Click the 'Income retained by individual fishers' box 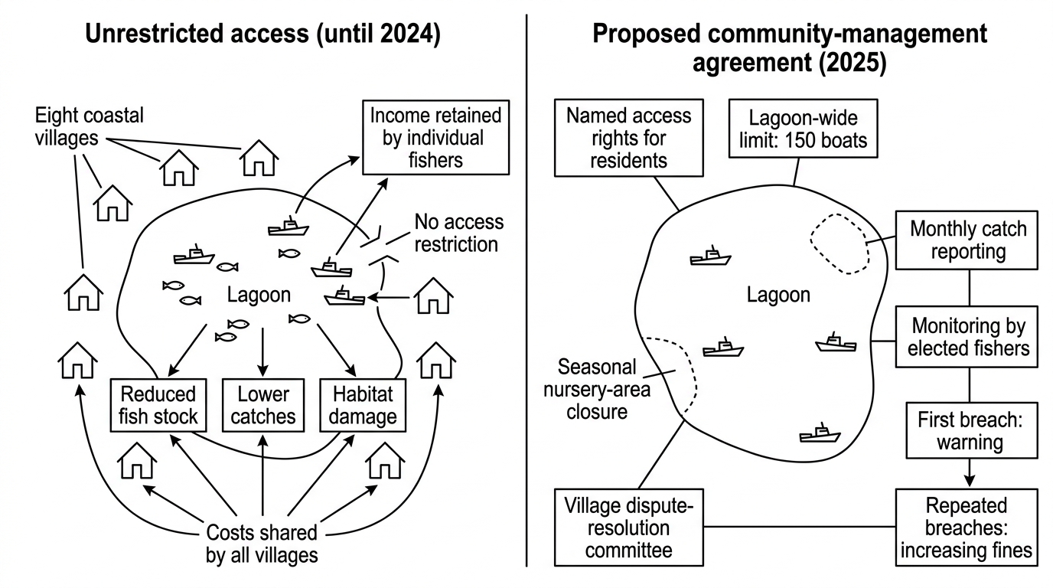435,137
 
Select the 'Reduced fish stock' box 158,405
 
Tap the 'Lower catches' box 263,405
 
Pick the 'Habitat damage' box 363,405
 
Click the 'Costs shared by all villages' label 262,544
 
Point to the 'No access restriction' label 458,233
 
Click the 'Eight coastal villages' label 90,126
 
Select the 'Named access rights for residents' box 629,138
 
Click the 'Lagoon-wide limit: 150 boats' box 804,129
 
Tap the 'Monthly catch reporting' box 967,240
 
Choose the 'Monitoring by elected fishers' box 967,337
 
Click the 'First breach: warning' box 972,430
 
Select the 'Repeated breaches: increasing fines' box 967,528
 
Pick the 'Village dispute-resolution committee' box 629,528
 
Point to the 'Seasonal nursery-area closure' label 597,389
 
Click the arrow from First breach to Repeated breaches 970,472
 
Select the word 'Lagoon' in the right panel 778,295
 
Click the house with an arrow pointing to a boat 433,296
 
